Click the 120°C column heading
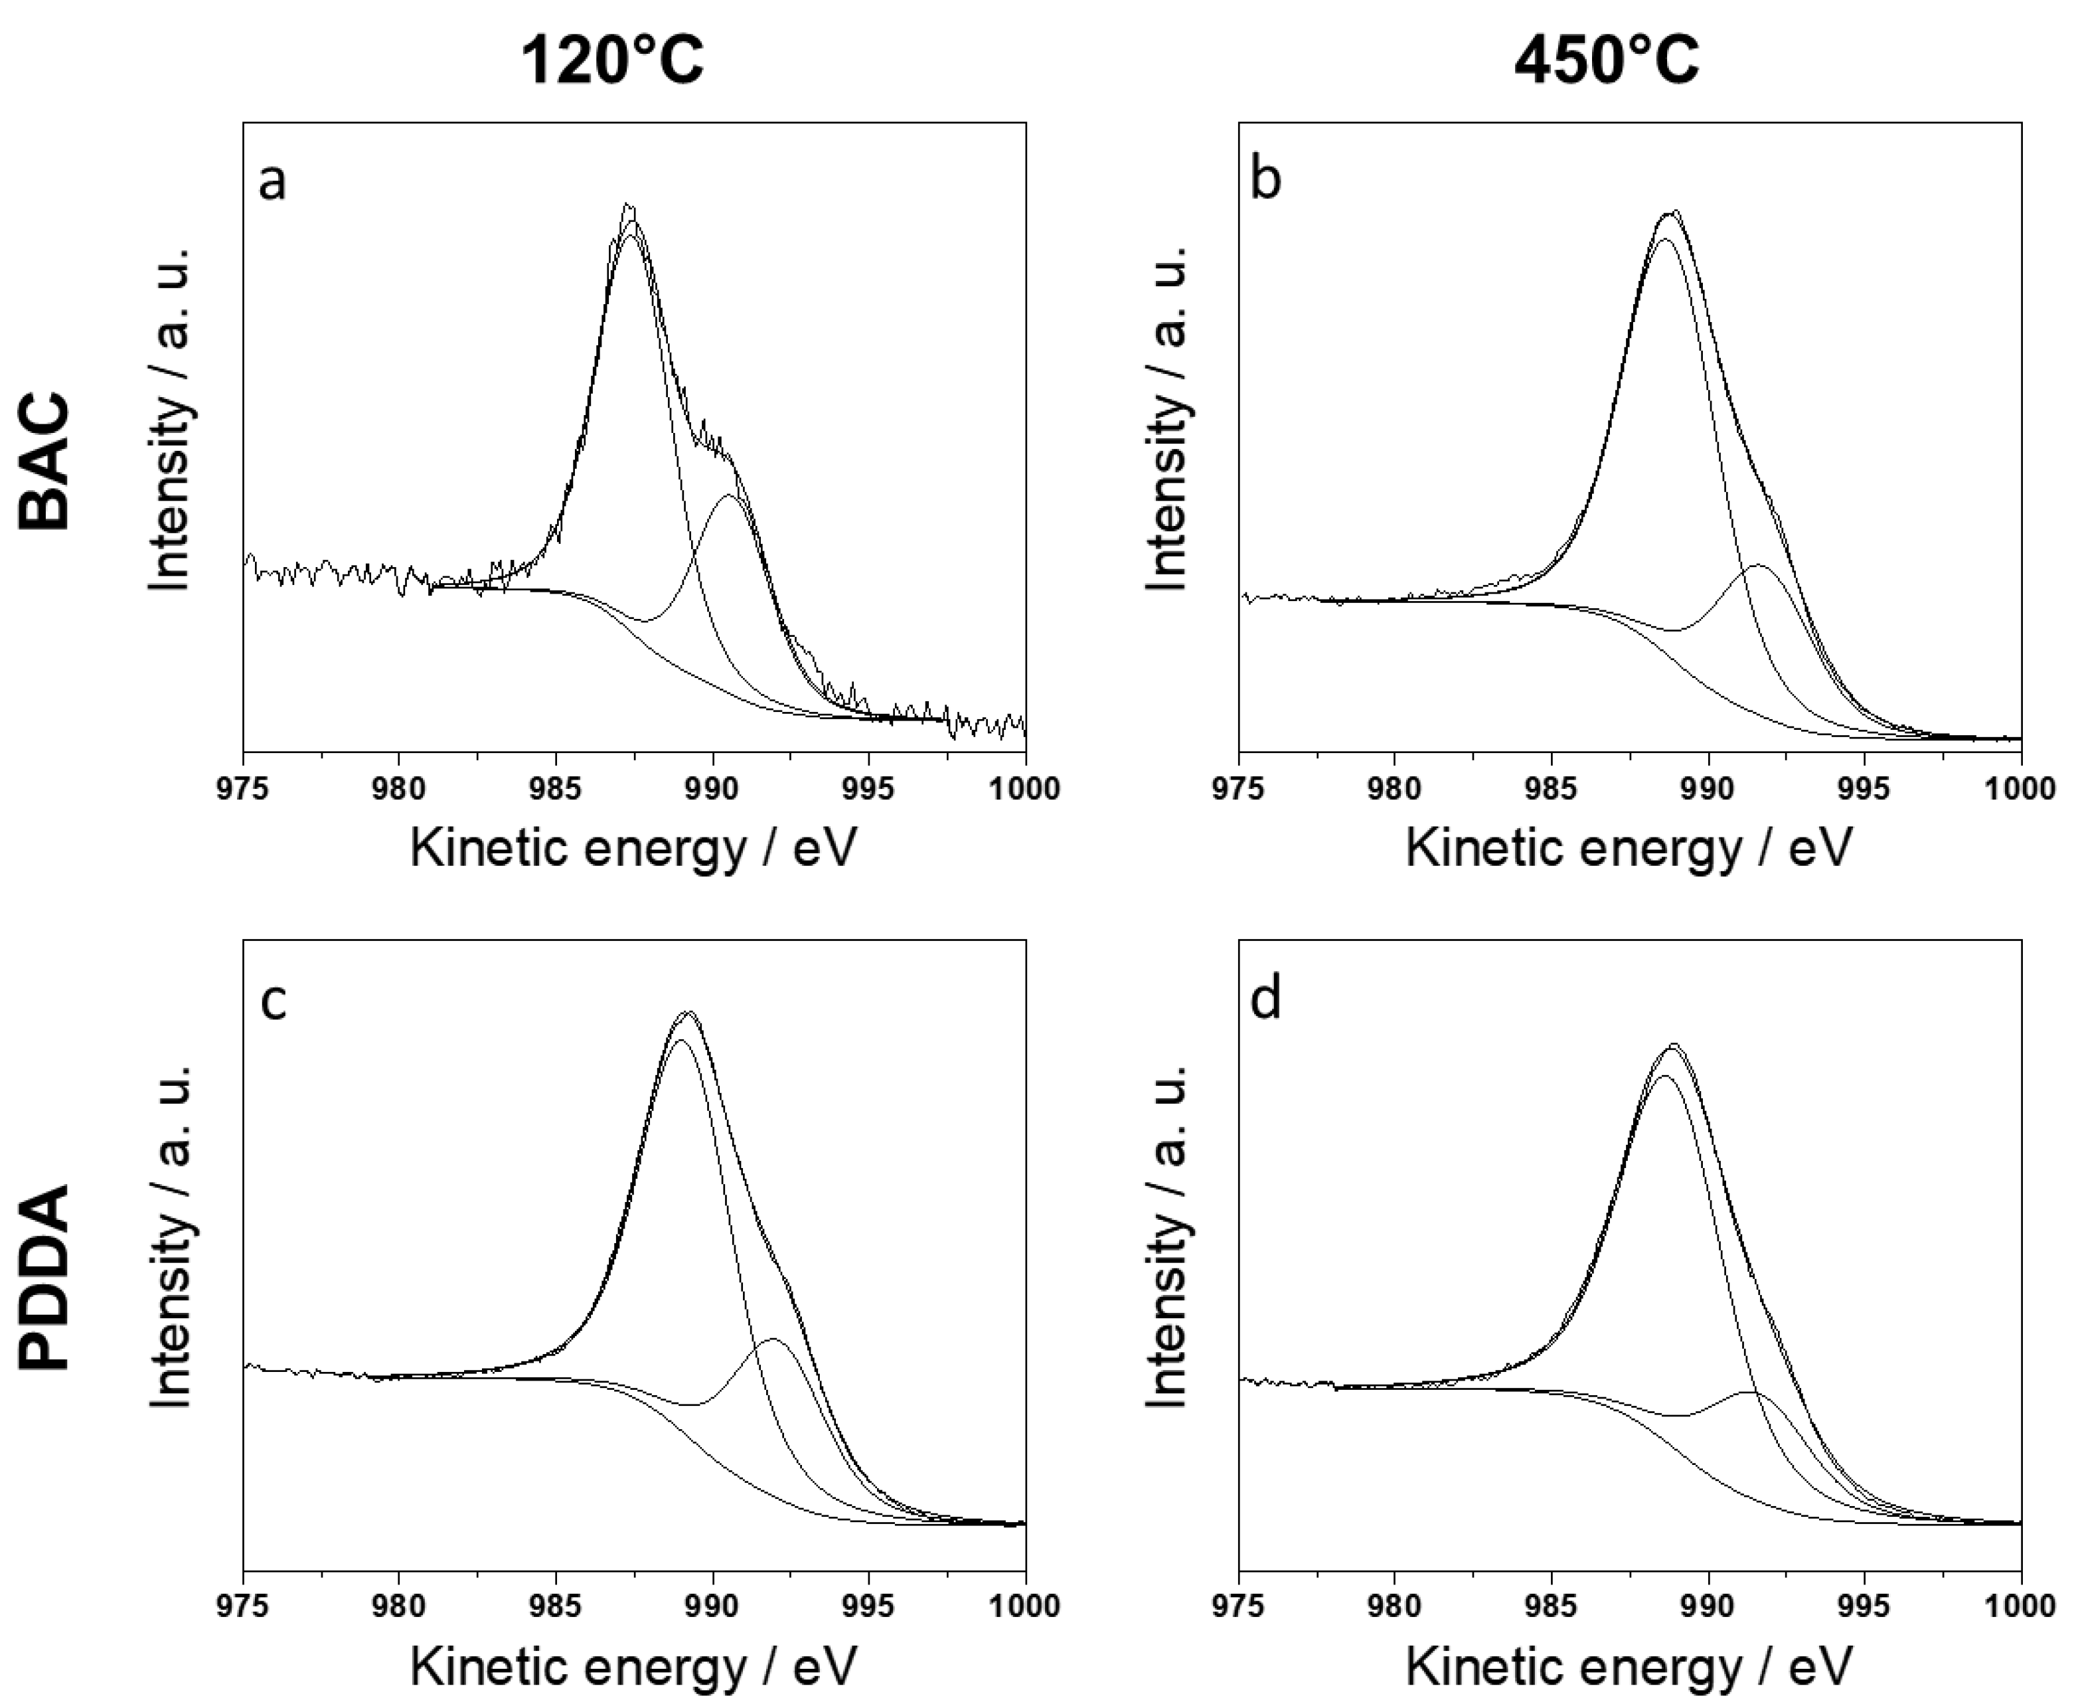(611, 61)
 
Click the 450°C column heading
(1607, 61)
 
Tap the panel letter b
(1267, 180)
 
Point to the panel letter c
(272, 1000)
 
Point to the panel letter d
(1267, 999)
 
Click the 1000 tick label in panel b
(2020, 788)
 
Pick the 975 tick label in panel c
(243, 1607)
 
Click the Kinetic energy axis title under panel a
(634, 848)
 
